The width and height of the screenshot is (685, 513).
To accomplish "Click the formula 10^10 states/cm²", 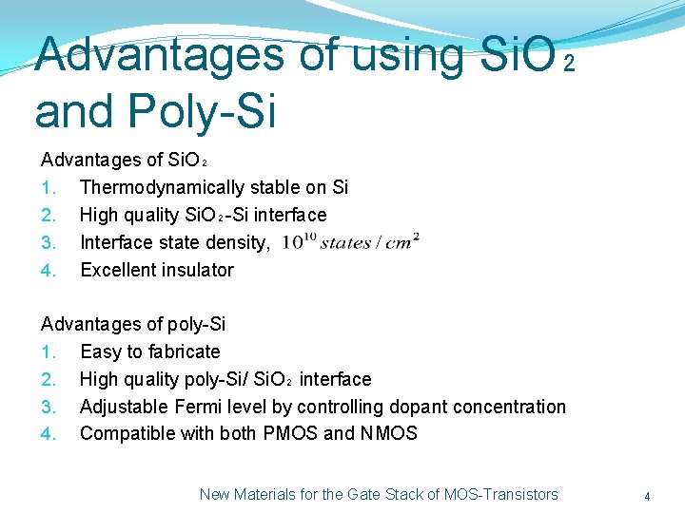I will pos(351,241).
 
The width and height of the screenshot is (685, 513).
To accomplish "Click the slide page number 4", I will pos(647,496).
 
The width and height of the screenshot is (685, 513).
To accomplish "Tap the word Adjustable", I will pos(123,407).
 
